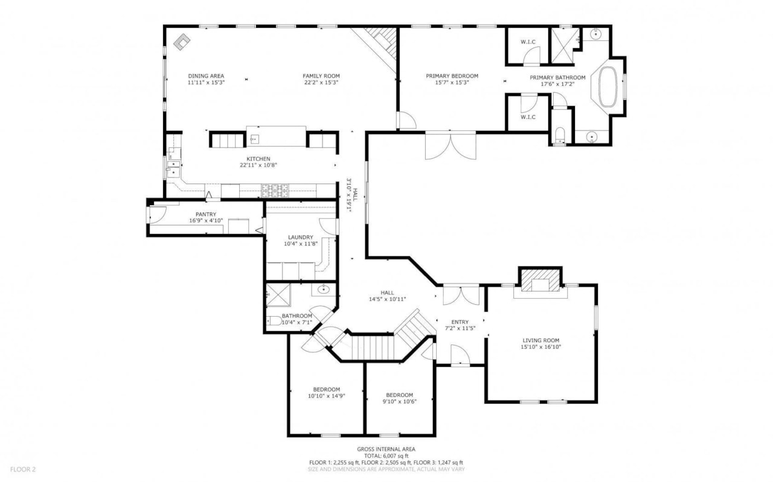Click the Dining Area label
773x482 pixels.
pyautogui.click(x=206, y=76)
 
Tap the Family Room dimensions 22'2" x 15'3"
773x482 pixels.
pyautogui.click(x=321, y=83)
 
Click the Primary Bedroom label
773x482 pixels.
pyautogui.click(x=452, y=76)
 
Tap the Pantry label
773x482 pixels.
pyautogui.click(x=206, y=214)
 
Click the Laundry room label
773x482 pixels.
pyautogui.click(x=300, y=237)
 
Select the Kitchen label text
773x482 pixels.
pyautogui.click(x=258, y=159)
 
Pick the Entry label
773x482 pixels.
pyautogui.click(x=460, y=322)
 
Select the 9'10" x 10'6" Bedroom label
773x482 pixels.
pyautogui.click(x=399, y=395)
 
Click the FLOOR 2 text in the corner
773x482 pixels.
pyautogui.click(x=23, y=469)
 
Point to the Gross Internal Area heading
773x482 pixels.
pyautogui.click(x=386, y=449)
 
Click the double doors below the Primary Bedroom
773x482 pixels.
pyautogui.click(x=450, y=146)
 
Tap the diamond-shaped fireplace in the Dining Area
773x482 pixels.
pyautogui.click(x=182, y=41)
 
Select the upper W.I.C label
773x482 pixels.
pyautogui.click(x=528, y=42)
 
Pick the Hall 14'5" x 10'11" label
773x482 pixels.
pyautogui.click(x=387, y=293)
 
